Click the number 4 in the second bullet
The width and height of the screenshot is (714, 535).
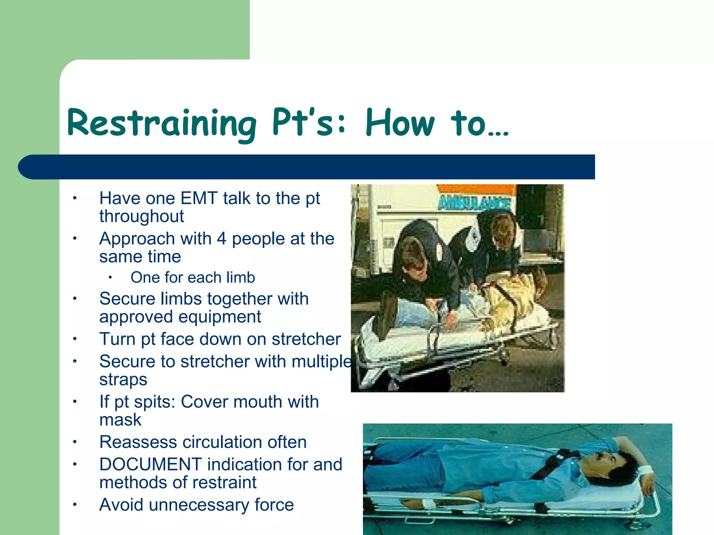tap(221, 239)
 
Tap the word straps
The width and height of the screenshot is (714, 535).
tap(123, 380)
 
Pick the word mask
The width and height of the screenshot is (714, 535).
tap(120, 420)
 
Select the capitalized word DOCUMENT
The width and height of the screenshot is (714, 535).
tap(150, 465)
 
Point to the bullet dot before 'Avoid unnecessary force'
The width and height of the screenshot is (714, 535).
tap(74, 505)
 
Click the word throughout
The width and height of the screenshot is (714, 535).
tap(141, 216)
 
